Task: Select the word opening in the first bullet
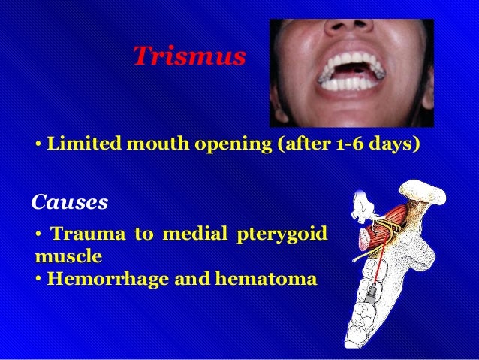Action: coord(233,143)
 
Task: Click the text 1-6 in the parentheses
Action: coord(346,143)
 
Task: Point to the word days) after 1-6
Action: coord(393,143)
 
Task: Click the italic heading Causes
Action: coord(70,202)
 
